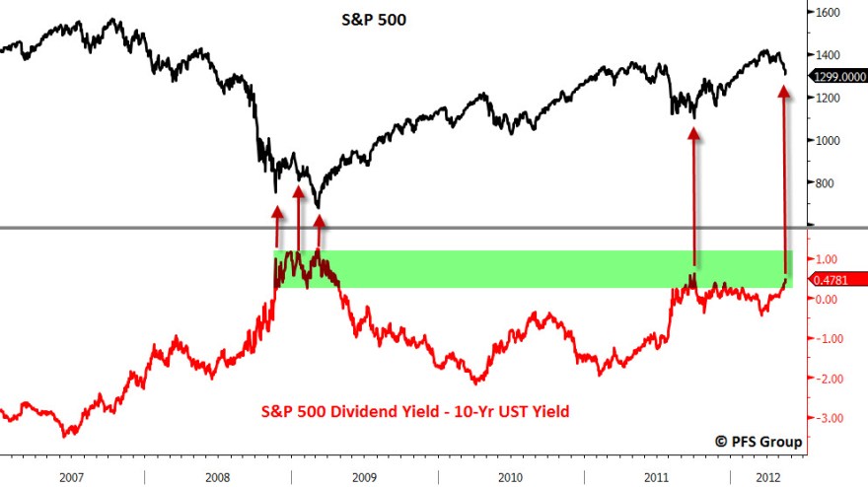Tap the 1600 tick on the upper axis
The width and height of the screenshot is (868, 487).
pos(828,13)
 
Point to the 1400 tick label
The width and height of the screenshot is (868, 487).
pos(828,55)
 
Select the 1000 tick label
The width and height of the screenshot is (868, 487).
pos(828,140)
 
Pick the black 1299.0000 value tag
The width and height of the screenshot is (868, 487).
pos(837,76)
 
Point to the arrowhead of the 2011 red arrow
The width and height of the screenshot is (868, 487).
pos(693,132)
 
